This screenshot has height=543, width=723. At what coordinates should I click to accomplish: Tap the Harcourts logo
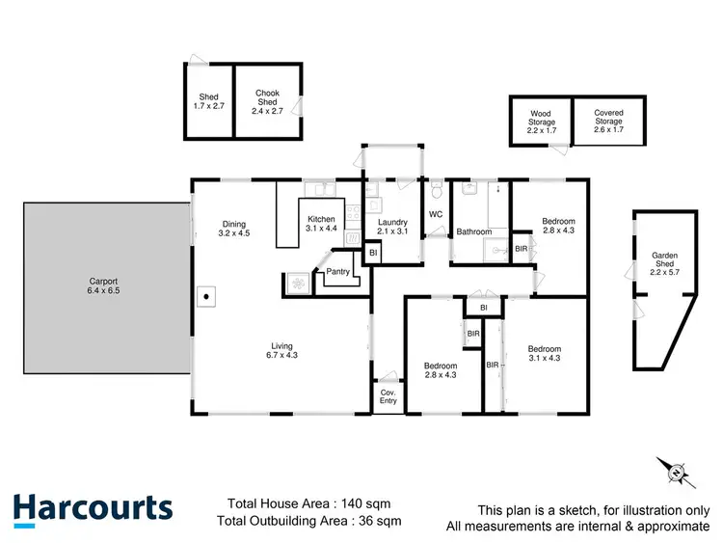[x=93, y=508]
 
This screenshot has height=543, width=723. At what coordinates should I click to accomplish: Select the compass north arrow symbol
[x=675, y=472]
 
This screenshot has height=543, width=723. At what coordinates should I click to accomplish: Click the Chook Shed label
[x=267, y=94]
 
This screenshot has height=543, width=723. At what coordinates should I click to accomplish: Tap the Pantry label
[x=337, y=271]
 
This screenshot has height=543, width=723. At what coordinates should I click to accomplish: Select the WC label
[x=436, y=213]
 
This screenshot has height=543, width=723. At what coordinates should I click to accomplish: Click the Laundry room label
[x=392, y=222]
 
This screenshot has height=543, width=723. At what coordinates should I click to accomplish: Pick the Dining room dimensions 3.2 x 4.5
[x=235, y=232]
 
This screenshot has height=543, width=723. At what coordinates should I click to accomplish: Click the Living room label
[x=281, y=346]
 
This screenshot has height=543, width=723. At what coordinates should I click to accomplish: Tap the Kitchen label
[x=321, y=218]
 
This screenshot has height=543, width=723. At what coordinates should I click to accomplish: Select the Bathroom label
[x=474, y=231]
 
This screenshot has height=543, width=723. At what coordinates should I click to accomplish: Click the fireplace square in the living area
[x=205, y=296]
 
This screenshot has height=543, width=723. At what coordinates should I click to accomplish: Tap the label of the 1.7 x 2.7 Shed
[x=208, y=96]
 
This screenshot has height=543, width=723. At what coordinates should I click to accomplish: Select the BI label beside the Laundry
[x=373, y=253]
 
